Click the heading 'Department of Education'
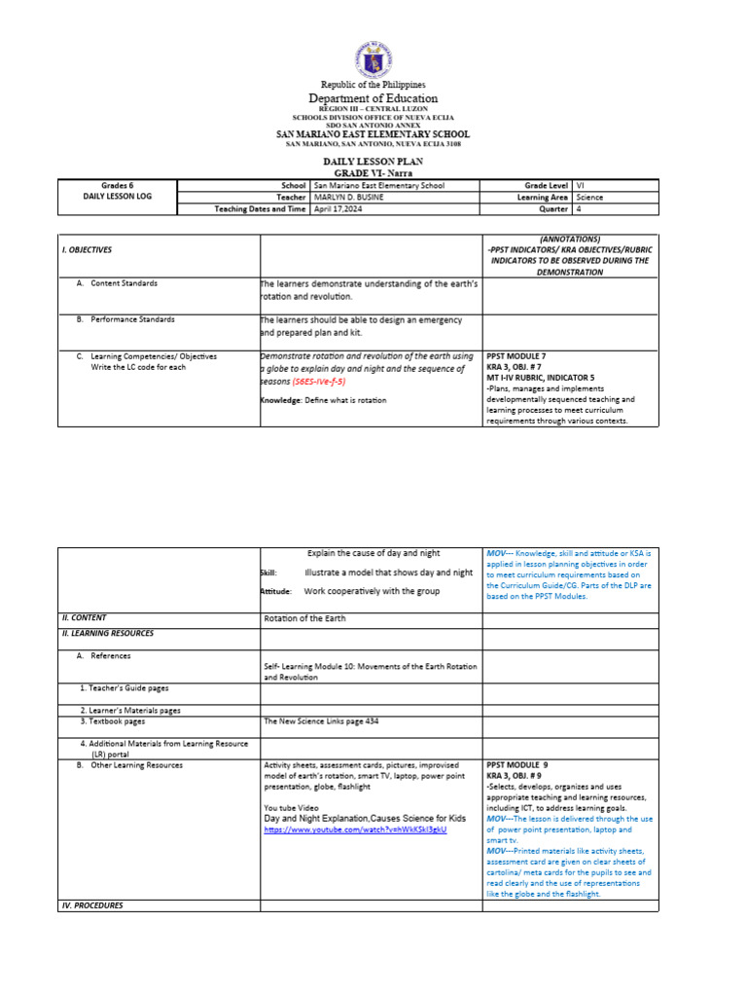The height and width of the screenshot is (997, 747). click(x=373, y=98)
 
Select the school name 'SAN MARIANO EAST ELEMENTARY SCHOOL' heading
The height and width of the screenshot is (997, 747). click(x=373, y=134)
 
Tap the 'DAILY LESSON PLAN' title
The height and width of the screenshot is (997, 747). click(x=373, y=161)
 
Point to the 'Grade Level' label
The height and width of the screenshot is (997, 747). click(x=548, y=184)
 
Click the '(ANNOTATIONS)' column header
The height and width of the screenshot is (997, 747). click(x=570, y=239)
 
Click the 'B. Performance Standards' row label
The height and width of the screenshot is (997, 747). click(x=131, y=319)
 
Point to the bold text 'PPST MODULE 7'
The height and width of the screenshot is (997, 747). click(x=519, y=356)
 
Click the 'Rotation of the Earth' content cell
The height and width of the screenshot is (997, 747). click(x=304, y=618)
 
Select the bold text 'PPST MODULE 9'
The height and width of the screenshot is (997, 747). click(x=519, y=765)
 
